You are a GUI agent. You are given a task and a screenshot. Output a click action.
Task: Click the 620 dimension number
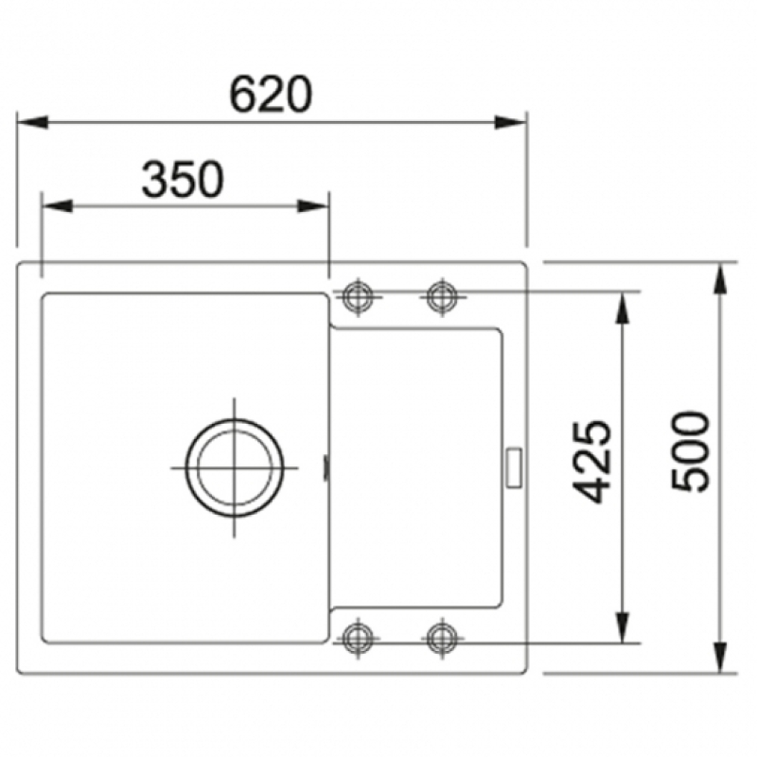click(x=271, y=94)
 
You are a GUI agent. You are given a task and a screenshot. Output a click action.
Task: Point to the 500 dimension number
click(x=691, y=451)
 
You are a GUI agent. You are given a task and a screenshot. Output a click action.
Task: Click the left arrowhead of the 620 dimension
click(x=32, y=122)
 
